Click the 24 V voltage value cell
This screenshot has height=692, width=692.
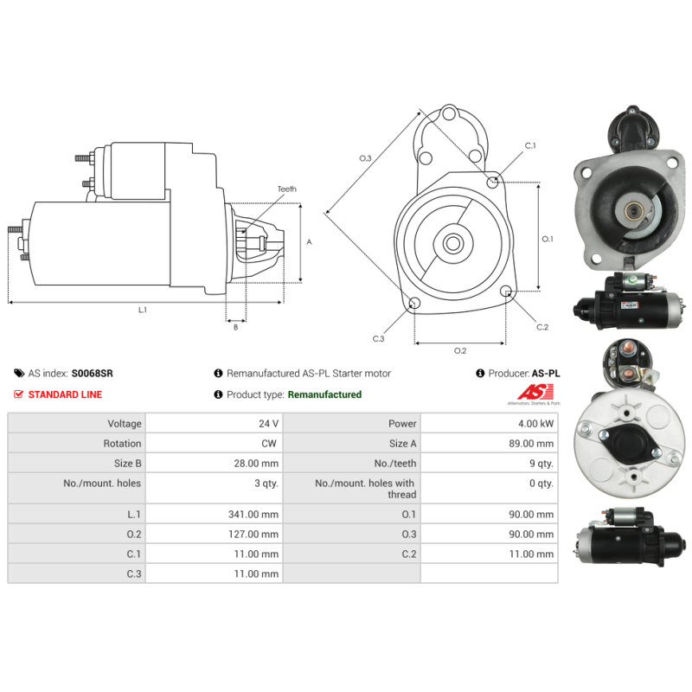268,424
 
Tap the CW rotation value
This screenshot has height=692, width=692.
267,444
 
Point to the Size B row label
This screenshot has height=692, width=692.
122,464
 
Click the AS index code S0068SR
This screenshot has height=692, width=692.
92,374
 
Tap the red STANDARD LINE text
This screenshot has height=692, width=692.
65,394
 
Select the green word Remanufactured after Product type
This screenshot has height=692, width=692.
324,394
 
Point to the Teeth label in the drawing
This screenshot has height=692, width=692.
286,189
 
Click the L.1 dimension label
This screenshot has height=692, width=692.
142,310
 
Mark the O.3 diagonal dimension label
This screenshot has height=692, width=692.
365,158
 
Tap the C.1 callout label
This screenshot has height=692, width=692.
529,145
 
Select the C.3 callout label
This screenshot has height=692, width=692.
378,338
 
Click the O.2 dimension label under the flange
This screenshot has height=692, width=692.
460,350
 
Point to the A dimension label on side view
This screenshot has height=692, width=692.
309,242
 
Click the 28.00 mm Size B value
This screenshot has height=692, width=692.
255,464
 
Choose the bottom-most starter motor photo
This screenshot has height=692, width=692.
620,541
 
